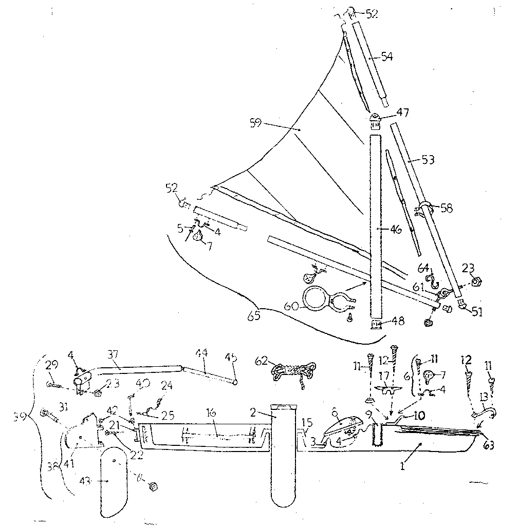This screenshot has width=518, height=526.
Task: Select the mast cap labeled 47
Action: pos(375,121)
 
